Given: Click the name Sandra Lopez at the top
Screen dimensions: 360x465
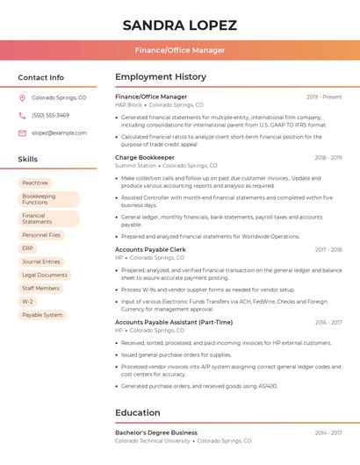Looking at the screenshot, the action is click(179, 24).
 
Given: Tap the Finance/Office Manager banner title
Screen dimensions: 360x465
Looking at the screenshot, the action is click(179, 50).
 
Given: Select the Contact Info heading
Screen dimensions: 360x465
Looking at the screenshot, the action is click(40, 77).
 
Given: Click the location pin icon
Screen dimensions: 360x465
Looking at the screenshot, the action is click(22, 98).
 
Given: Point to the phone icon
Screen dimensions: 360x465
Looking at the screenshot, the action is click(22, 115).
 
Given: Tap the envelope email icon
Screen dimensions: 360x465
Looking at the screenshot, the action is click(22, 132).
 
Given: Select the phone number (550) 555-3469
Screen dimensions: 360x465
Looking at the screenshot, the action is click(50, 115).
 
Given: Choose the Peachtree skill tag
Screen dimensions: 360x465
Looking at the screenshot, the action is click(35, 182).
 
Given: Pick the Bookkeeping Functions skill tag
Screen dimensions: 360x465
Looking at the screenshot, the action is click(47, 199).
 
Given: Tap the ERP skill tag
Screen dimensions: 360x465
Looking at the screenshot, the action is click(27, 248).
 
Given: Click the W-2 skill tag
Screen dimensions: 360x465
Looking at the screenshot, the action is click(27, 301).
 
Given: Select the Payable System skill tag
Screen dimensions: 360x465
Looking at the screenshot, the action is click(42, 314).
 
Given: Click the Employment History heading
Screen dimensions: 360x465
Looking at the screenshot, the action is click(161, 77).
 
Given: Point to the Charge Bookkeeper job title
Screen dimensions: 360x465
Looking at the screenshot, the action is click(145, 157).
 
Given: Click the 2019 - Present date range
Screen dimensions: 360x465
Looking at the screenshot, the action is click(324, 97).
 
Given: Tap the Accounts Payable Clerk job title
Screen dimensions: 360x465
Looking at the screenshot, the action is click(150, 250).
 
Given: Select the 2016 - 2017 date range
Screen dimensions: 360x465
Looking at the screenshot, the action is click(328, 322).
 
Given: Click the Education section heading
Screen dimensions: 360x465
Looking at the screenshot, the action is click(138, 412).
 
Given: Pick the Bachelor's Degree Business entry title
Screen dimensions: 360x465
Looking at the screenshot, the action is click(156, 433).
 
